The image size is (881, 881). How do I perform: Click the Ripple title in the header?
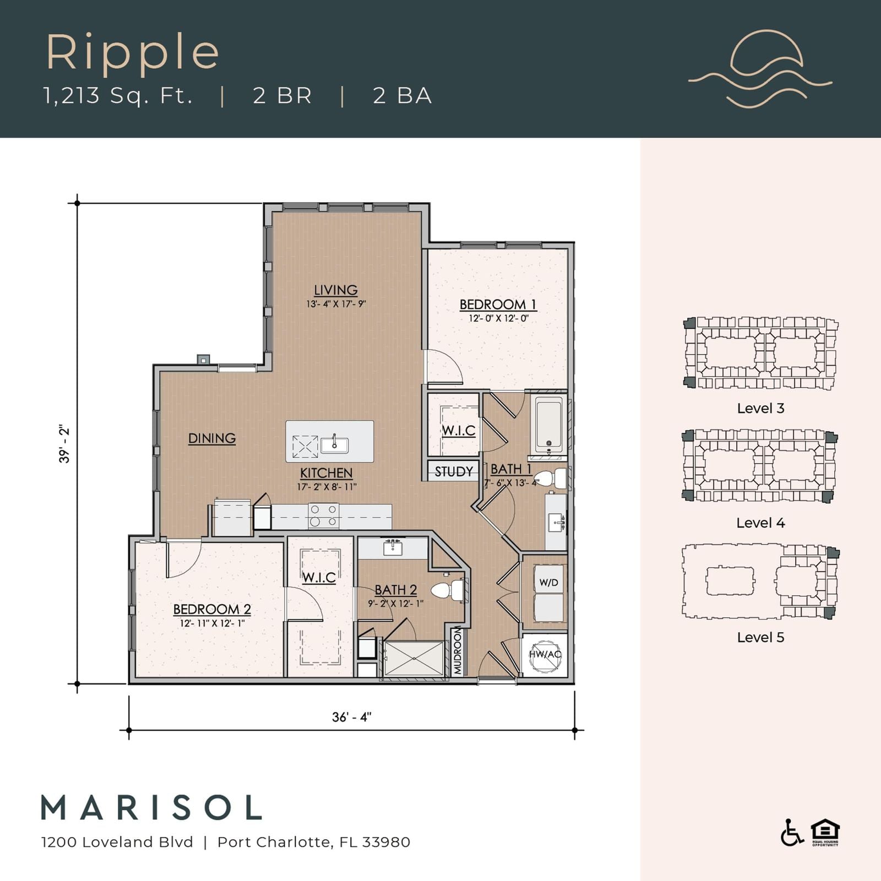133,53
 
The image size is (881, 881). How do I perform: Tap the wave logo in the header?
760,67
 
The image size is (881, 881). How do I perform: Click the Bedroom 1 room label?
498,304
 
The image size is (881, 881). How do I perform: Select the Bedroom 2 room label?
212,609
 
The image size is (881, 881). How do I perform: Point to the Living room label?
336,290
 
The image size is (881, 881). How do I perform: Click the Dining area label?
212,438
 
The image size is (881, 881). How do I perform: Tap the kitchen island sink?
334,443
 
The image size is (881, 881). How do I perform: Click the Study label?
454,471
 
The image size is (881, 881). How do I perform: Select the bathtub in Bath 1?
550,425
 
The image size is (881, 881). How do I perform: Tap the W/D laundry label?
548,583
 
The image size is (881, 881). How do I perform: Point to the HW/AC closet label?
545,654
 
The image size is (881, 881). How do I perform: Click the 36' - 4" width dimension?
352,717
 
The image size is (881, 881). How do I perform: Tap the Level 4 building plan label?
760,523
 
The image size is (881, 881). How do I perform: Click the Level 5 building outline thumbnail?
760,582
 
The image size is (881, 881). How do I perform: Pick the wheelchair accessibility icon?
792,833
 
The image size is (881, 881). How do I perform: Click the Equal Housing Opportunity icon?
825,833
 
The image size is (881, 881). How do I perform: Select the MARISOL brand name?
151,808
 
